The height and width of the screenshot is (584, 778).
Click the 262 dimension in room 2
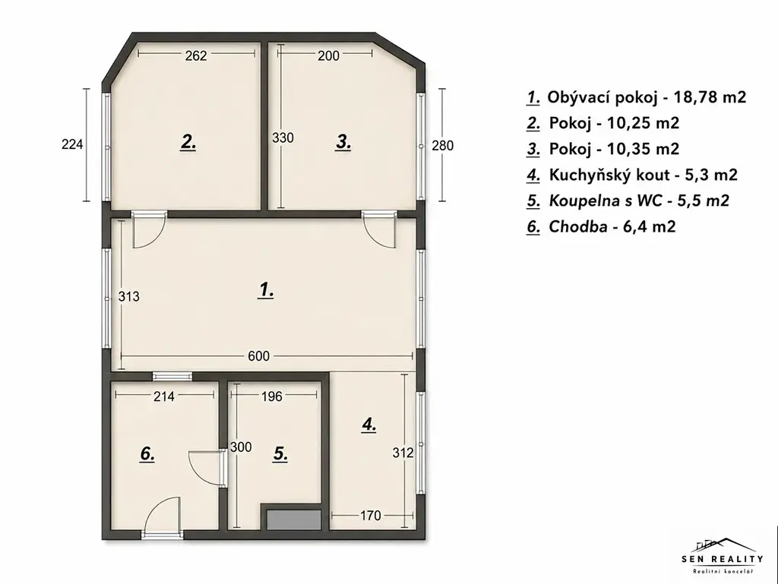pyautogui.click(x=196, y=55)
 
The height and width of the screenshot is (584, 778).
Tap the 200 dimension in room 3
pyautogui.click(x=328, y=55)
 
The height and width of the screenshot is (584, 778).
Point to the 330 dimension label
pyautogui.click(x=283, y=137)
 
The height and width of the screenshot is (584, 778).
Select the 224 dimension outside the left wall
pyautogui.click(x=72, y=144)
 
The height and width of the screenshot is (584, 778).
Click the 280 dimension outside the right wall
pyautogui.click(x=443, y=146)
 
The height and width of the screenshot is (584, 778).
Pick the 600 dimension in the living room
pyautogui.click(x=258, y=356)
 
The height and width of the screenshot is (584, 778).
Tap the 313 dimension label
pyautogui.click(x=129, y=296)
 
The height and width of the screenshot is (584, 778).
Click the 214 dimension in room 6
pyautogui.click(x=164, y=396)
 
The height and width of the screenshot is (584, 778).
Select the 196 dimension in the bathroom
pyautogui.click(x=271, y=396)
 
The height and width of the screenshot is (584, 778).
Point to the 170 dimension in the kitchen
pyautogui.click(x=370, y=516)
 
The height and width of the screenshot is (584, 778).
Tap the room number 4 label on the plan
pyautogui.click(x=369, y=425)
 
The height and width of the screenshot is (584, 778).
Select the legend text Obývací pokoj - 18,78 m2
pyautogui.click(x=637, y=97)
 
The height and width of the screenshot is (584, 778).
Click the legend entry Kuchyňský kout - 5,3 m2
pyautogui.click(x=632, y=175)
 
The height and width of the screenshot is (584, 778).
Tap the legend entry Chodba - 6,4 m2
pyautogui.click(x=602, y=226)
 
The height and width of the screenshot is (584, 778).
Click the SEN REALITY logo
pyautogui.click(x=723, y=556)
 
